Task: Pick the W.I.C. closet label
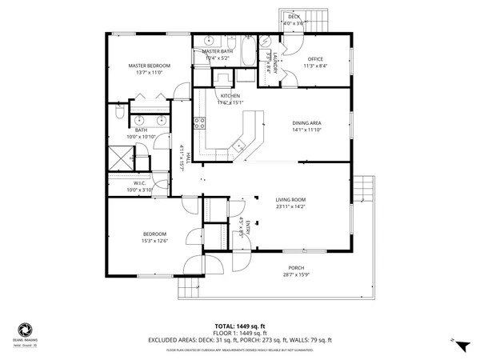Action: coord(141,183)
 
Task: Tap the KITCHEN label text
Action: coord(230,96)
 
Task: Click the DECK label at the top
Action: coord(294,17)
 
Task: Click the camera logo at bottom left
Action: coord(26,328)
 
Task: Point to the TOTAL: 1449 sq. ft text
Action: coord(239,326)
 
